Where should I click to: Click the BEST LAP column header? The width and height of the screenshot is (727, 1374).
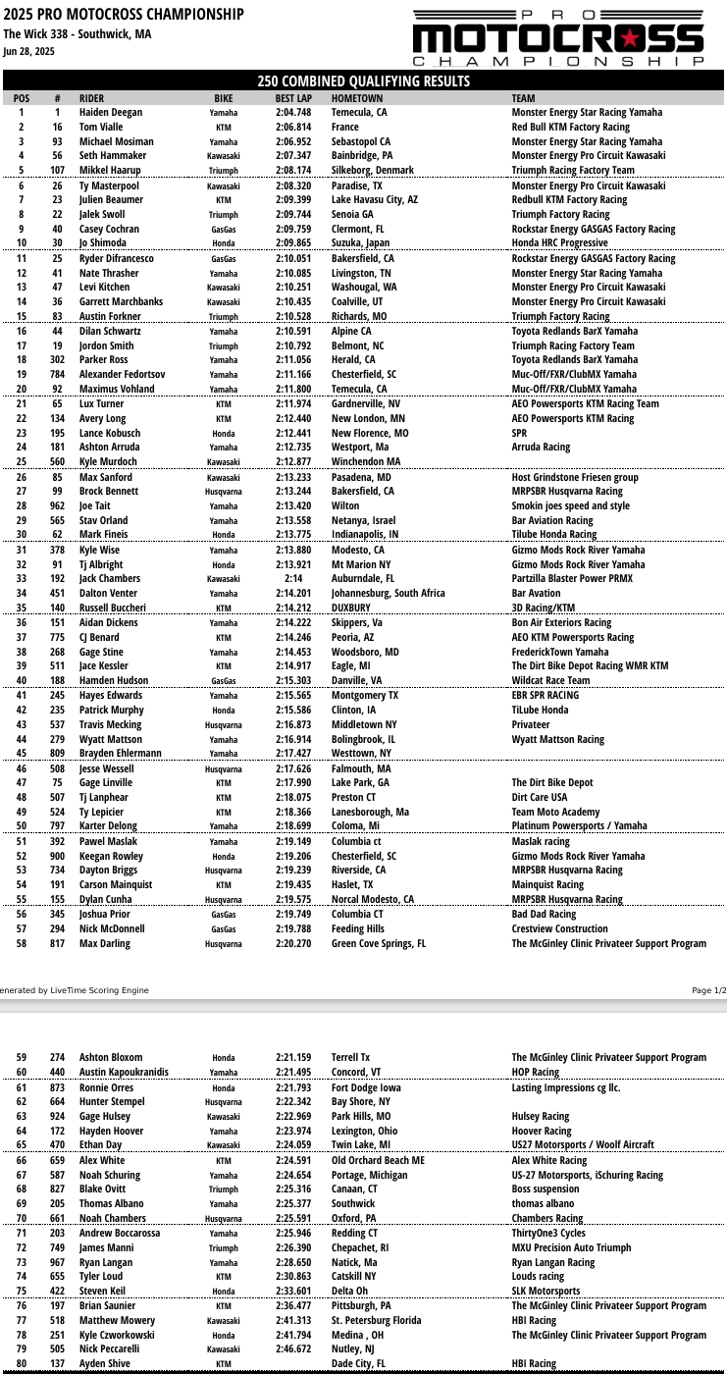coord(293,98)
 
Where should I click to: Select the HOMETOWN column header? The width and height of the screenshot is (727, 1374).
coord(357,98)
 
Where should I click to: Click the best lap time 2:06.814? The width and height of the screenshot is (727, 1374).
coord(293,127)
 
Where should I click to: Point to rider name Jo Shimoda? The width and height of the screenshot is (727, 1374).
coord(103,242)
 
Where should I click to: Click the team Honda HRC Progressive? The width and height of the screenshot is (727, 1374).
coord(559,242)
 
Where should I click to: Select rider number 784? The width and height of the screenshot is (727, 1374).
coord(58,374)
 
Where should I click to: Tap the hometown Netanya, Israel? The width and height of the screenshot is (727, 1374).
coord(363,520)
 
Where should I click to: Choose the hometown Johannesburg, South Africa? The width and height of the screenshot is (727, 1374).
coord(389,593)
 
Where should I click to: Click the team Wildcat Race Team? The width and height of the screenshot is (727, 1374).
coord(550,680)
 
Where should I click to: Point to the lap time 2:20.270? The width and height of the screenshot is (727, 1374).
coord(293,943)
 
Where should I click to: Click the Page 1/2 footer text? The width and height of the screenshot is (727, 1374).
coord(708,990)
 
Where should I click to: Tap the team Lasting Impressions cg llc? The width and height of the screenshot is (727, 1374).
coord(565,1087)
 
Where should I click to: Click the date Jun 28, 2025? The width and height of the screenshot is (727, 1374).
coord(28,51)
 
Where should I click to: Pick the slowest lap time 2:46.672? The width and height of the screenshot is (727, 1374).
coord(293,1348)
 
